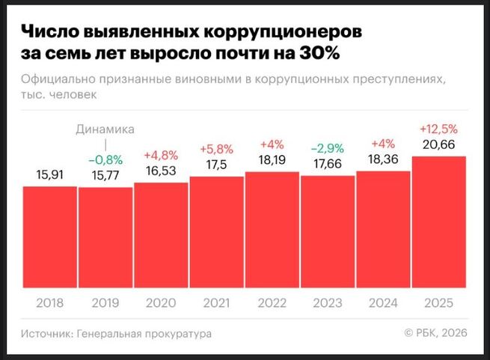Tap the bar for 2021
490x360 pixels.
216,232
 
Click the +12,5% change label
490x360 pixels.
439,129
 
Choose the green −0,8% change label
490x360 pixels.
105,159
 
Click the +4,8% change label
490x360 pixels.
161,156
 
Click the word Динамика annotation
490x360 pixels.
105,129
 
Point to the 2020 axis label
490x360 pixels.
161,304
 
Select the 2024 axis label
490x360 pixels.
383,304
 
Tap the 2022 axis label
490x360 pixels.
272,304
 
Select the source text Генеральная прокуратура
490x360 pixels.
142,334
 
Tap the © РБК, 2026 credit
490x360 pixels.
435,334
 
